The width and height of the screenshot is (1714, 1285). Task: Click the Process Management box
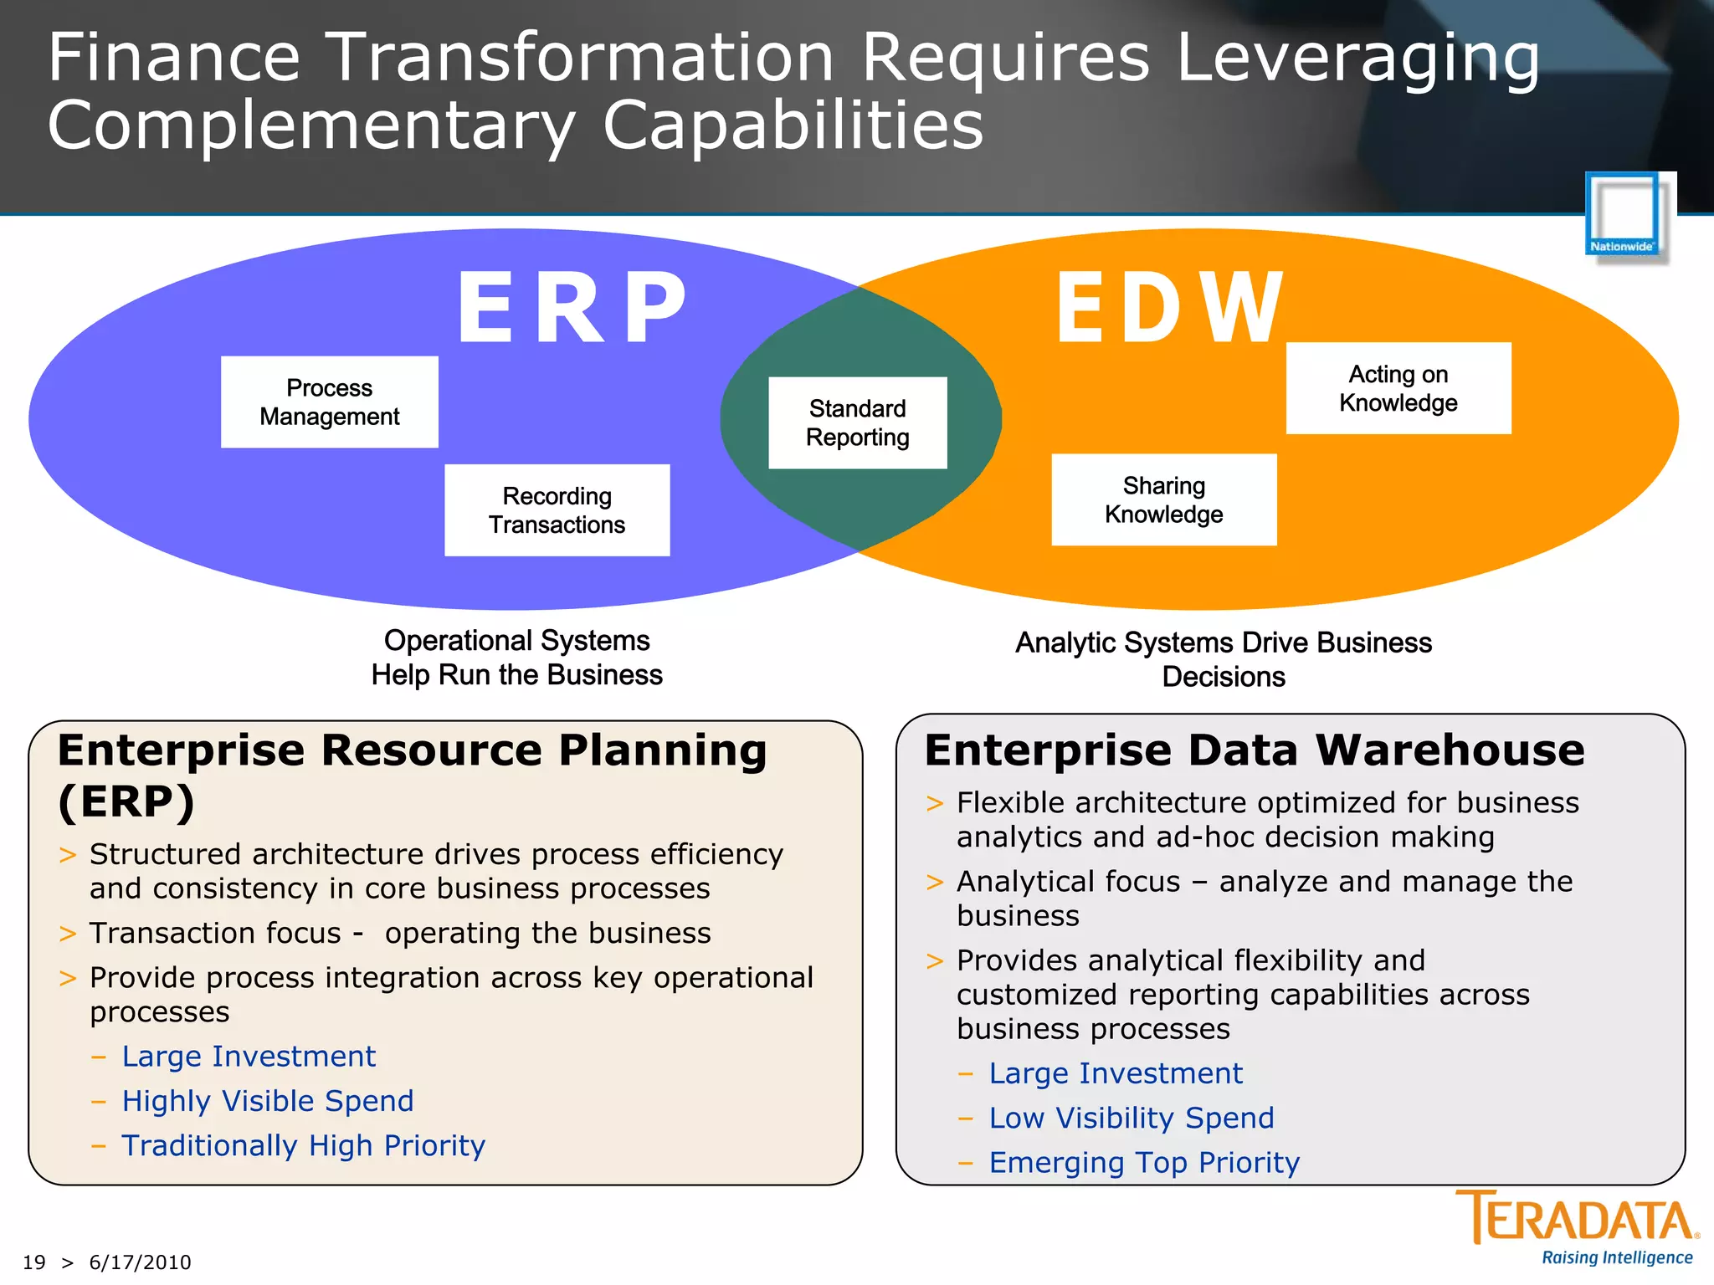(329, 402)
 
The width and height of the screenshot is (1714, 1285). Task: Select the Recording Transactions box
(557, 510)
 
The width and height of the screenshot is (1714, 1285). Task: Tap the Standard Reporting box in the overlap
(857, 422)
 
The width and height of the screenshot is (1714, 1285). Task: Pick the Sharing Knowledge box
(1163, 499)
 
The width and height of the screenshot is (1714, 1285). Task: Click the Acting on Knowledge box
(1398, 388)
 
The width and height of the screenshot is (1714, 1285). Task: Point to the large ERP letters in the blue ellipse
(572, 308)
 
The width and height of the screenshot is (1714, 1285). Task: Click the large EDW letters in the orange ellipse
(1169, 308)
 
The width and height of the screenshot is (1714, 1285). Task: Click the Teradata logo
(1577, 1218)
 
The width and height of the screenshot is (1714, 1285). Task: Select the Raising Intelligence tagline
(1616, 1258)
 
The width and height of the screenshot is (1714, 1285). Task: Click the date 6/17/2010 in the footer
(140, 1262)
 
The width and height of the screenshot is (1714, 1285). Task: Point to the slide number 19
(33, 1262)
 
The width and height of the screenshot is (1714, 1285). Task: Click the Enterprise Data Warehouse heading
(1254, 750)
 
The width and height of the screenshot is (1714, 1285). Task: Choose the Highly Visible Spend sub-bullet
(268, 1101)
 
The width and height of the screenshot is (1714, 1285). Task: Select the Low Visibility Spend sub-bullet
(1131, 1118)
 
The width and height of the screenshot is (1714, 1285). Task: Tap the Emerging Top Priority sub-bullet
(1144, 1163)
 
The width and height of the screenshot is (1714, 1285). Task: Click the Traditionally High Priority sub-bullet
(303, 1145)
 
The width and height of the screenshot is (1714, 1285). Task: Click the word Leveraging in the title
(1357, 59)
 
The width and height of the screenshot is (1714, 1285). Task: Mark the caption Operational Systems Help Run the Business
(516, 658)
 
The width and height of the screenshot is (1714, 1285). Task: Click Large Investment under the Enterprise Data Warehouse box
(1115, 1073)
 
